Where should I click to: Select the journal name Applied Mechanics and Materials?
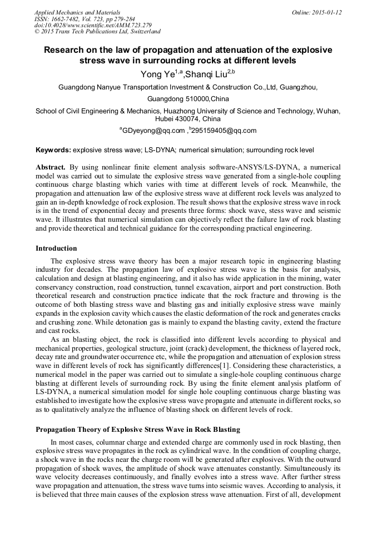pos(77,12)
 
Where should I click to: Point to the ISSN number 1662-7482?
pos(70,19)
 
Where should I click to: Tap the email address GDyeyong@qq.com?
pos(153,131)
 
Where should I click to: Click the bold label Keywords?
pos(53,150)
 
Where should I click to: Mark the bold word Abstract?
pos(51,167)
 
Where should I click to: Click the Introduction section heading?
pos(56,248)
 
